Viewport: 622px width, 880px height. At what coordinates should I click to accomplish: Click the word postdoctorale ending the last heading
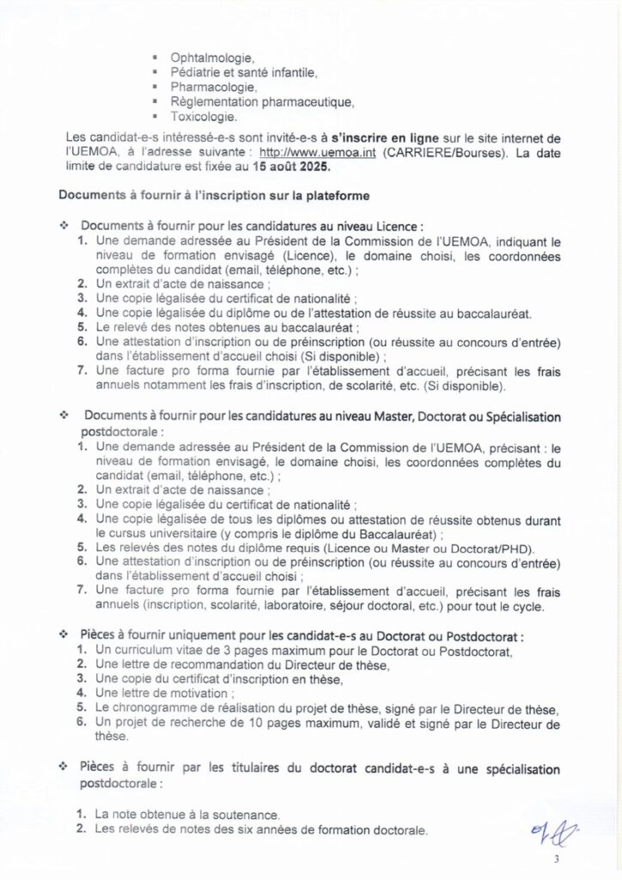coord(119,784)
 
